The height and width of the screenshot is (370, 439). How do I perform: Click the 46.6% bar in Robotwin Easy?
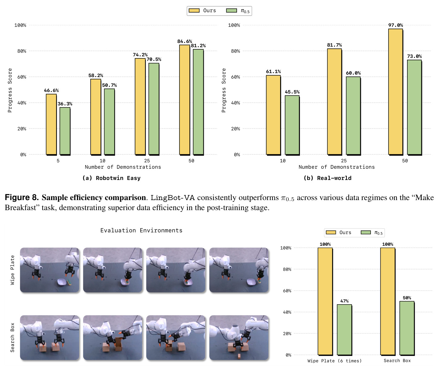(x=51, y=124)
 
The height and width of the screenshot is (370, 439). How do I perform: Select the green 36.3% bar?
(x=65, y=131)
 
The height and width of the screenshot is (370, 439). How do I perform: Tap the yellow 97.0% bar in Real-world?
(x=395, y=92)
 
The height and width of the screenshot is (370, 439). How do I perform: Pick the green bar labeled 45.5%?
(x=292, y=125)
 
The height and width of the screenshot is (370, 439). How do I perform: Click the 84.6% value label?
(x=185, y=41)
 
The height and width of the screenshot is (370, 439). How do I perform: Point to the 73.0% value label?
(x=414, y=56)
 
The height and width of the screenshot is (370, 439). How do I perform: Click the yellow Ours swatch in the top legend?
(x=194, y=11)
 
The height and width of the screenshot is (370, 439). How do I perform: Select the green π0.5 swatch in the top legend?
(x=232, y=11)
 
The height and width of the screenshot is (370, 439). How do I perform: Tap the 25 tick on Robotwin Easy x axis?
(x=147, y=160)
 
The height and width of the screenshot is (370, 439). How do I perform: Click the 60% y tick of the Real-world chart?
(x=235, y=77)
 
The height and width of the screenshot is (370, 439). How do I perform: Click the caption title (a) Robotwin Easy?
(x=111, y=178)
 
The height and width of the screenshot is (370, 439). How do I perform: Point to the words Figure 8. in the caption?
(x=22, y=197)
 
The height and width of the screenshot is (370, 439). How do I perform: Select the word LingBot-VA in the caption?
(x=173, y=198)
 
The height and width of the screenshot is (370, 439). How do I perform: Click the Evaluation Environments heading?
(x=141, y=231)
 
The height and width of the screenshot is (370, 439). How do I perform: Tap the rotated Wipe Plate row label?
(x=12, y=270)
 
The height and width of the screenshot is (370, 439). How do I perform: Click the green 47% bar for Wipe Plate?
(x=344, y=329)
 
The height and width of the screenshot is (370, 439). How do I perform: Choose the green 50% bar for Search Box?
(x=407, y=328)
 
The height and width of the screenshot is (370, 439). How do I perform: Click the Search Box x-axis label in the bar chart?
(x=397, y=361)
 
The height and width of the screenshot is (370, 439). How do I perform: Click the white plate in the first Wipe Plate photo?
(x=62, y=282)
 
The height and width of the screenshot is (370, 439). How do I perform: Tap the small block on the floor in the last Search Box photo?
(x=239, y=356)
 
